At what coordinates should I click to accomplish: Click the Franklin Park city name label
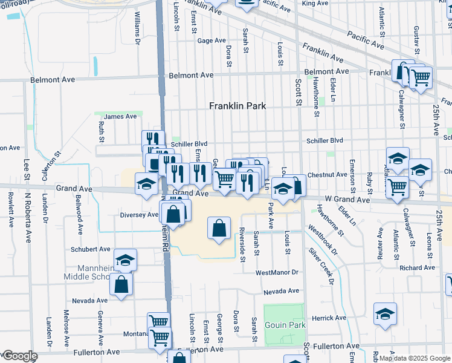[237, 106]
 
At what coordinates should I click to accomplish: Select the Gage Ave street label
[211, 41]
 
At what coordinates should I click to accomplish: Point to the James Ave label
[120, 117]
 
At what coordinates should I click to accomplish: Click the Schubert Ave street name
[91, 249]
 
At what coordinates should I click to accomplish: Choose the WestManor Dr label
[277, 273]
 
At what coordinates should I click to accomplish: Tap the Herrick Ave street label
[329, 318]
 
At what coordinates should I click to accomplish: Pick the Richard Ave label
[417, 267]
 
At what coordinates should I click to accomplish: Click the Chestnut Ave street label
[327, 174]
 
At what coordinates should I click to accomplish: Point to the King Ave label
[314, 4]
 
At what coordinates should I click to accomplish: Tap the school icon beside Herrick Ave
[385, 315]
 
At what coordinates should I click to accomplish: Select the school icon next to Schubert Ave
[125, 260]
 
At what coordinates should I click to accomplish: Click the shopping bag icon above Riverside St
[219, 229]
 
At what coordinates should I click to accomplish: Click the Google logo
[19, 356]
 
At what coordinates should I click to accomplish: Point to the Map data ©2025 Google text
[415, 358]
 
